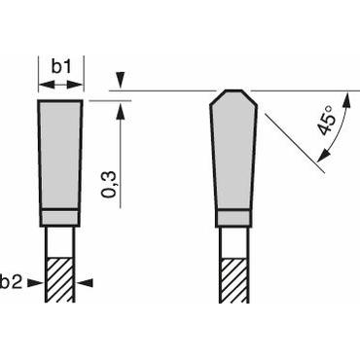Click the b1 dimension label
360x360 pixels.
[x=60, y=66]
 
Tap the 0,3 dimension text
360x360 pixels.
[x=109, y=182]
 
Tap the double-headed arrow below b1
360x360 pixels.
[x=60, y=86]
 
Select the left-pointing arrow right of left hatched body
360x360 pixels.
[x=85, y=282]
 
